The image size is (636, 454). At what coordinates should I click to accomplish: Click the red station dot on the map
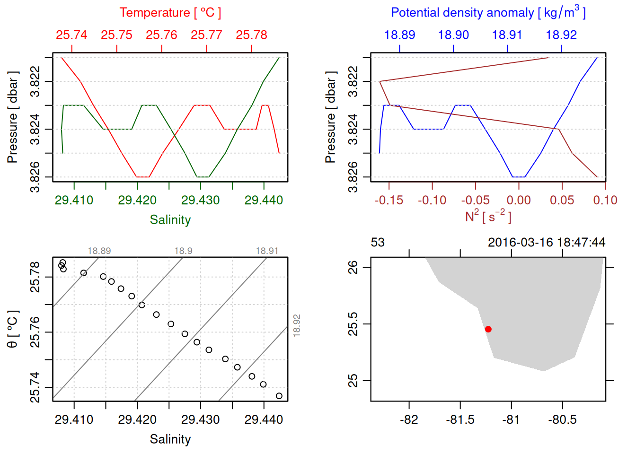[488, 329]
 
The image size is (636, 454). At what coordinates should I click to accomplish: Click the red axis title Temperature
[170, 13]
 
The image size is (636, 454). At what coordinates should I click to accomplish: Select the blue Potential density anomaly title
[488, 13]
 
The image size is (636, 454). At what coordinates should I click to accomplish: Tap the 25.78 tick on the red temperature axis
[251, 35]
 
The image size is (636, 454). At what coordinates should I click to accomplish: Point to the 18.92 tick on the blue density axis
[561, 35]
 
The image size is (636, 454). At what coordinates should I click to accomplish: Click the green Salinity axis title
[170, 220]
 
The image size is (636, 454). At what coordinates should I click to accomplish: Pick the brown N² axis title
[488, 216]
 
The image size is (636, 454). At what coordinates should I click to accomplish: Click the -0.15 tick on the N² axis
[389, 201]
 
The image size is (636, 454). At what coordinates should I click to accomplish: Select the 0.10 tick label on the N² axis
[605, 201]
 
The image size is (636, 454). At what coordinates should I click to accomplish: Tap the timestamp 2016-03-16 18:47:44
[546, 243]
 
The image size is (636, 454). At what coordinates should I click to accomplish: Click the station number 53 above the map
[378, 243]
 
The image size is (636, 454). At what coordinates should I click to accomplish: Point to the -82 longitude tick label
[409, 420]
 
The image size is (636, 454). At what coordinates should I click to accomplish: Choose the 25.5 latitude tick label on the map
[353, 324]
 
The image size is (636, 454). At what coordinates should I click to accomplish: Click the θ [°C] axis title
[13, 329]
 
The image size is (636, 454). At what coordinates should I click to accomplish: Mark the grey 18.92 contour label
[297, 325]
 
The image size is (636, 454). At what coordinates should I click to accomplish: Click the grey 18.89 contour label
[99, 251]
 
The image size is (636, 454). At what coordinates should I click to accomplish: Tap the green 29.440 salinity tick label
[264, 201]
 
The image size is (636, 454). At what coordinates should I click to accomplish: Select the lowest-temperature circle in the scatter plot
[279, 396]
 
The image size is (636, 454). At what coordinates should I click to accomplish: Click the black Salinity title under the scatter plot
[170, 439]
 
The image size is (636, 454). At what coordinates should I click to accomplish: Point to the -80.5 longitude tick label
[562, 420]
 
